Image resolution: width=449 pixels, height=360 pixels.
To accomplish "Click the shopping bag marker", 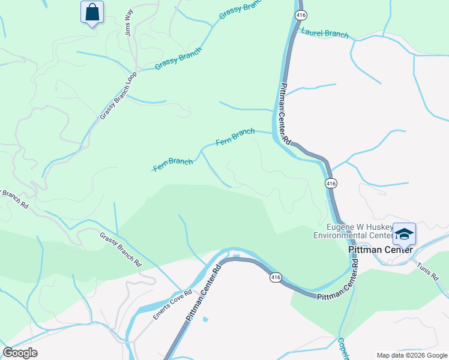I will point(92,12).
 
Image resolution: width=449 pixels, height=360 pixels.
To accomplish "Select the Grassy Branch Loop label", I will point(119,95).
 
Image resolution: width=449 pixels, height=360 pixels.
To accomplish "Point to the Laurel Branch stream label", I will point(325,34).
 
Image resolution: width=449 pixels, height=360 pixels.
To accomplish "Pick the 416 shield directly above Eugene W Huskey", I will point(330,182).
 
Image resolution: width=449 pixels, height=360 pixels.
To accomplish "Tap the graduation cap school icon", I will point(404,234).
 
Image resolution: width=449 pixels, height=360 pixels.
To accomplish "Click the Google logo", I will point(20,353).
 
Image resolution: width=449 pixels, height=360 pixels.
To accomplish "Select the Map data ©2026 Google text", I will point(412,355).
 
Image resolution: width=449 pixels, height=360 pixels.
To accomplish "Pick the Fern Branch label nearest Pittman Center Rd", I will point(235,137).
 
